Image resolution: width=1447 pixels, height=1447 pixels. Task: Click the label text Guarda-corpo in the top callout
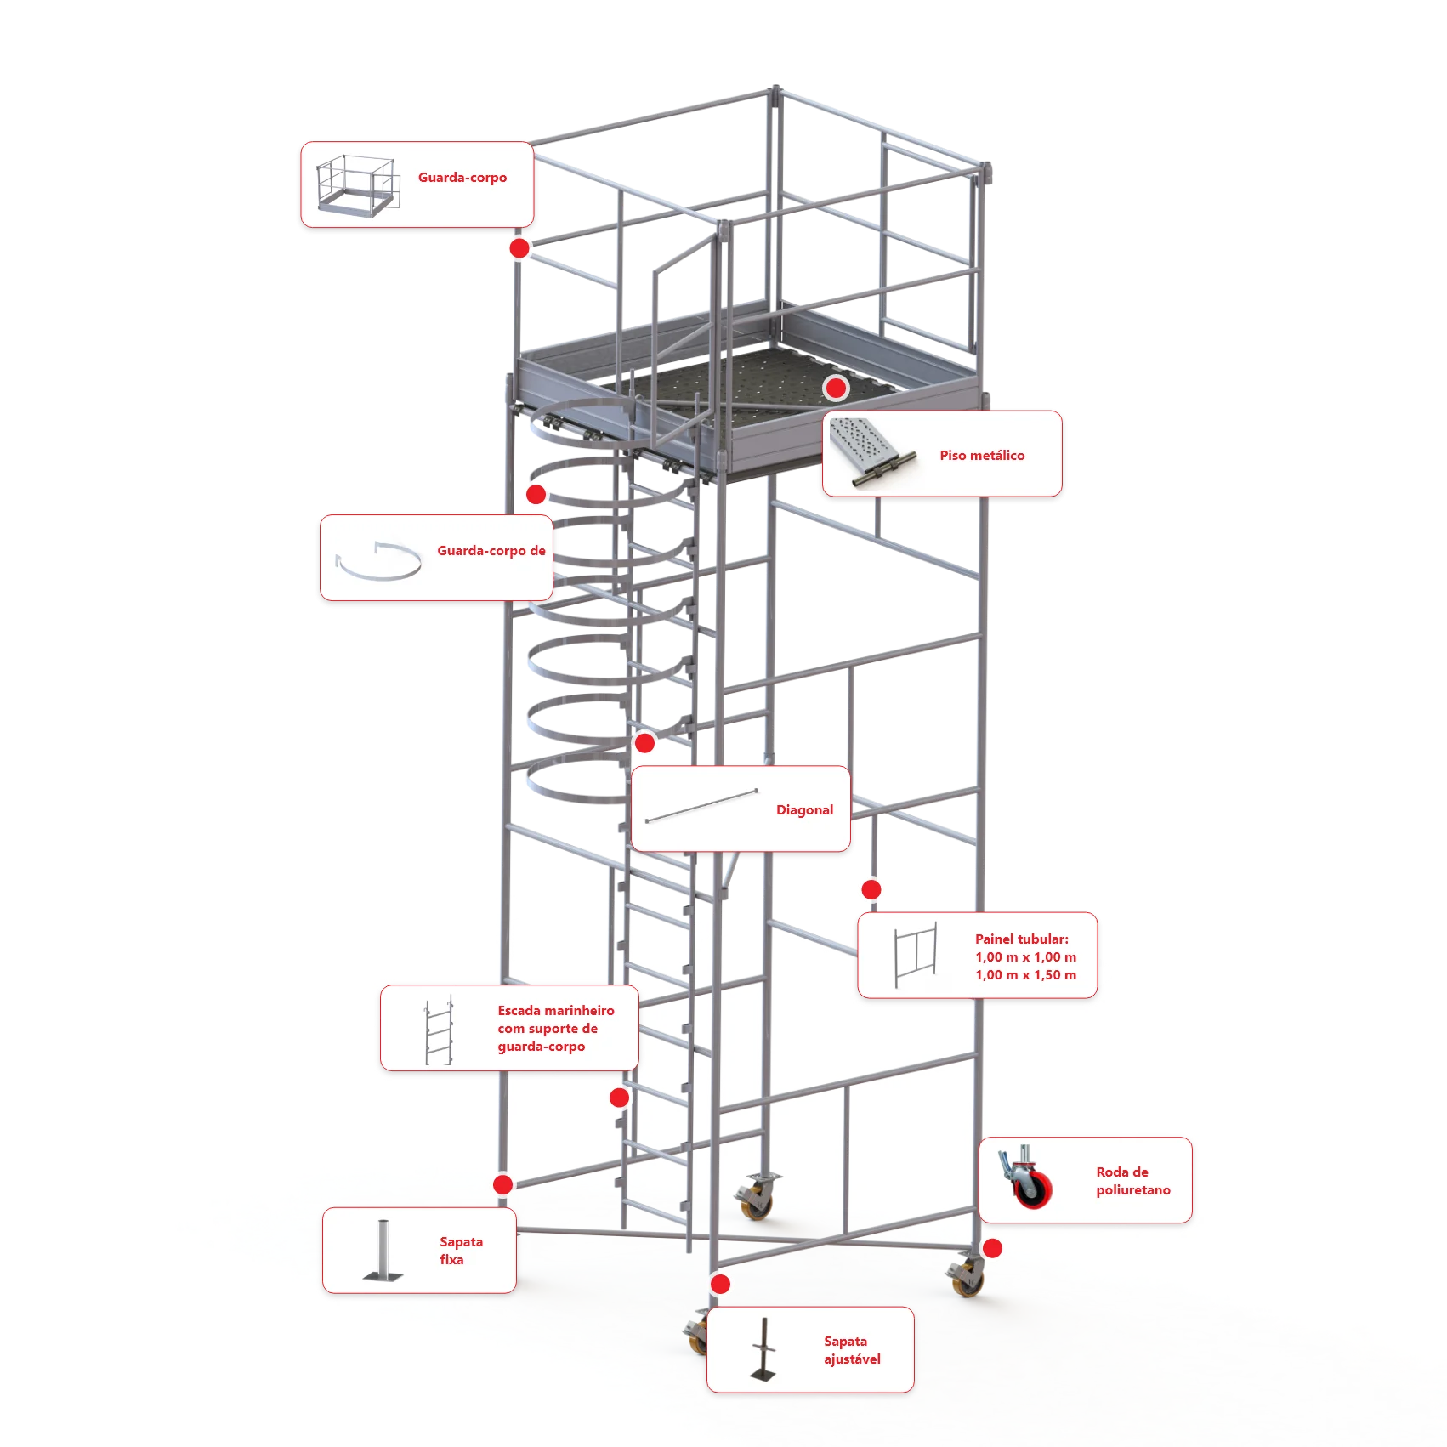(462, 178)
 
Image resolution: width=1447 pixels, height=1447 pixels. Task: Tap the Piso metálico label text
(982, 456)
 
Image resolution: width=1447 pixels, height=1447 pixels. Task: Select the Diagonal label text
(804, 810)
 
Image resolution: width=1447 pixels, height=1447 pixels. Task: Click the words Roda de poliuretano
(1132, 1181)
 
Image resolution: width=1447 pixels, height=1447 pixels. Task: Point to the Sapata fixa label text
(461, 1251)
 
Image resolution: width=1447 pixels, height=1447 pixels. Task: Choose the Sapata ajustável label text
(852, 1350)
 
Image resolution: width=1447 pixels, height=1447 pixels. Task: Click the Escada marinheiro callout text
(556, 1029)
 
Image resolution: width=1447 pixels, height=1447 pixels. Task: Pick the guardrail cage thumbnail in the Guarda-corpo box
(358, 184)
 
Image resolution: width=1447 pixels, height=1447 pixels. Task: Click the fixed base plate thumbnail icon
(381, 1251)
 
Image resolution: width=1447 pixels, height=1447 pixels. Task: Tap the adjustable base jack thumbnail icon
(763, 1350)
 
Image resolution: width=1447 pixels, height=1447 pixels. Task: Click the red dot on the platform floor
(836, 388)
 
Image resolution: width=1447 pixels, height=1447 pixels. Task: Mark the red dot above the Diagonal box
(645, 743)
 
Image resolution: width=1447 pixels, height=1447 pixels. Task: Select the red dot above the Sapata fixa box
(503, 1184)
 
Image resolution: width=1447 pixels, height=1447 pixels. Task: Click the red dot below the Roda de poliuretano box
(992, 1248)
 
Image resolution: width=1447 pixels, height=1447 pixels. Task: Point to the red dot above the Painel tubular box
(871, 889)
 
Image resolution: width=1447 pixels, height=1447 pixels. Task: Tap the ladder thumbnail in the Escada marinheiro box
(439, 1030)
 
